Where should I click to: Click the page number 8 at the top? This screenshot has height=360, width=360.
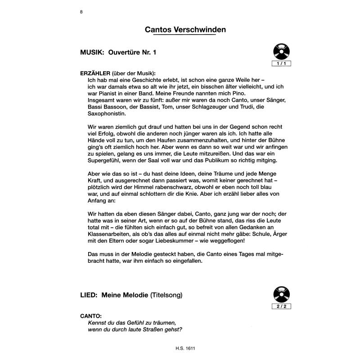point(81,12)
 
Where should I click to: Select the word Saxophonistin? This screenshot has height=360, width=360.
point(108,114)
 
